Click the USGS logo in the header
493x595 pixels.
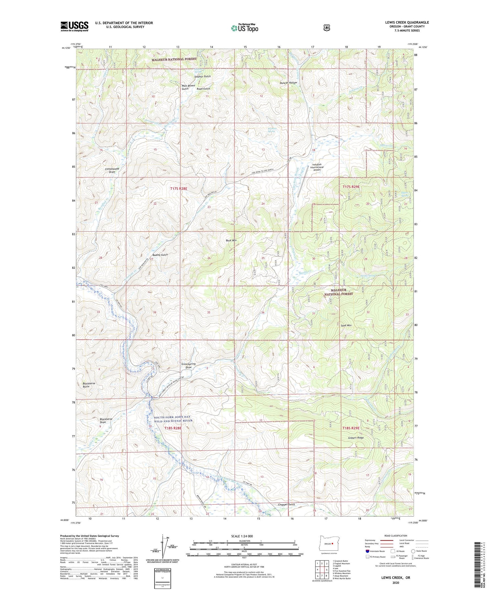click(x=74, y=26)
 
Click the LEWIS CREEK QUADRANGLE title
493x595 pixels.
click(x=407, y=23)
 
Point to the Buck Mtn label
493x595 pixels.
click(x=231, y=241)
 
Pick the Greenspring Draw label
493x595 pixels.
click(x=188, y=366)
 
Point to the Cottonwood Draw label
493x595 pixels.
click(x=112, y=170)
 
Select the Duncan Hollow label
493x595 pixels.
click(x=288, y=83)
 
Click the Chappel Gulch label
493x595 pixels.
click(x=286, y=504)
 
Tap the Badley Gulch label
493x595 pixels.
click(x=160, y=255)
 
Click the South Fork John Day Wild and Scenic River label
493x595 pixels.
click(x=173, y=419)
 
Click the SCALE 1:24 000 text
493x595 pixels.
click(x=244, y=536)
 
